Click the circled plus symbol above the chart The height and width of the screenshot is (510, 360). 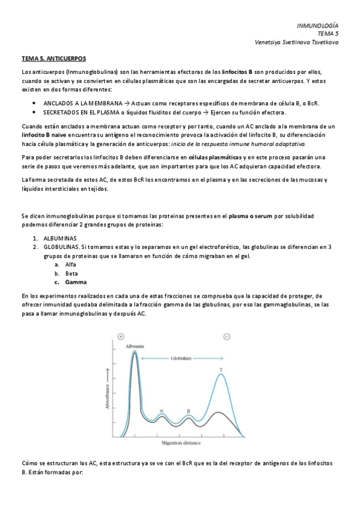pyautogui.click(x=121, y=337)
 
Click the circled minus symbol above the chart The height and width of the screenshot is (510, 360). pyautogui.click(x=227, y=337)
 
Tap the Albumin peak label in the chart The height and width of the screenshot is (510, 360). pyautogui.click(x=135, y=346)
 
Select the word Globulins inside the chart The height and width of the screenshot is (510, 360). pyautogui.click(x=179, y=357)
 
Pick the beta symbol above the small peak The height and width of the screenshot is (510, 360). pyautogui.click(x=188, y=411)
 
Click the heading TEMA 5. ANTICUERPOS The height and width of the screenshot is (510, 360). pyautogui.click(x=53, y=59)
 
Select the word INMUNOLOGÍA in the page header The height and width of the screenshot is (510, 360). pyautogui.click(x=318, y=26)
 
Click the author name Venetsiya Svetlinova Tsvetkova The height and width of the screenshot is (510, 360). pyautogui.click(x=297, y=43)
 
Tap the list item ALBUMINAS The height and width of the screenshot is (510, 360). pyautogui.click(x=60, y=239)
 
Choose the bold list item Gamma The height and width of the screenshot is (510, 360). pyautogui.click(x=76, y=281)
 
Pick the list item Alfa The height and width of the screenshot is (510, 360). pyautogui.click(x=71, y=264)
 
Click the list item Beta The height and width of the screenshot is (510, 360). pyautogui.click(x=72, y=273)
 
